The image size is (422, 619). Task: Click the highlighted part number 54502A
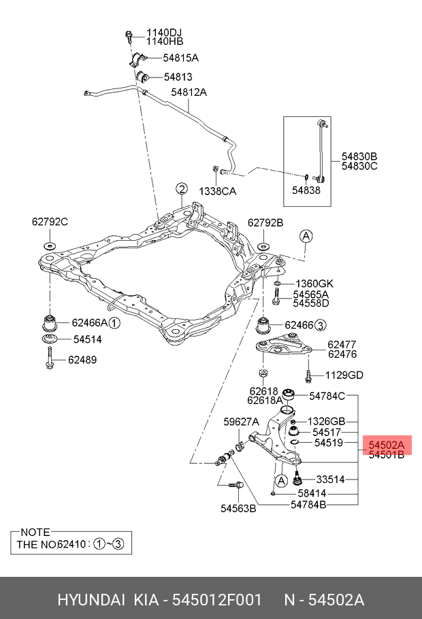386,445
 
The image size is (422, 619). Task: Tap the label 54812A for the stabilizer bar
189,92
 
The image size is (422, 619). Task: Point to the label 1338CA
217,191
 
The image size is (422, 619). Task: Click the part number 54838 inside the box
306,190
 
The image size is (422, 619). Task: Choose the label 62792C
50,222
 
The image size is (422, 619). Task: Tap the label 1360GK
314,283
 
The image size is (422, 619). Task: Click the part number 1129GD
344,375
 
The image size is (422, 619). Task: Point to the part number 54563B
238,507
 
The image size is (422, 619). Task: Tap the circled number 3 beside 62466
321,324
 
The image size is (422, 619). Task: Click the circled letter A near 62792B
306,236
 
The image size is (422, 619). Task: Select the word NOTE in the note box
35,532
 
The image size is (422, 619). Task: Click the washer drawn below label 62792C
50,246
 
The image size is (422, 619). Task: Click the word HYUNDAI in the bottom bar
91,600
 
